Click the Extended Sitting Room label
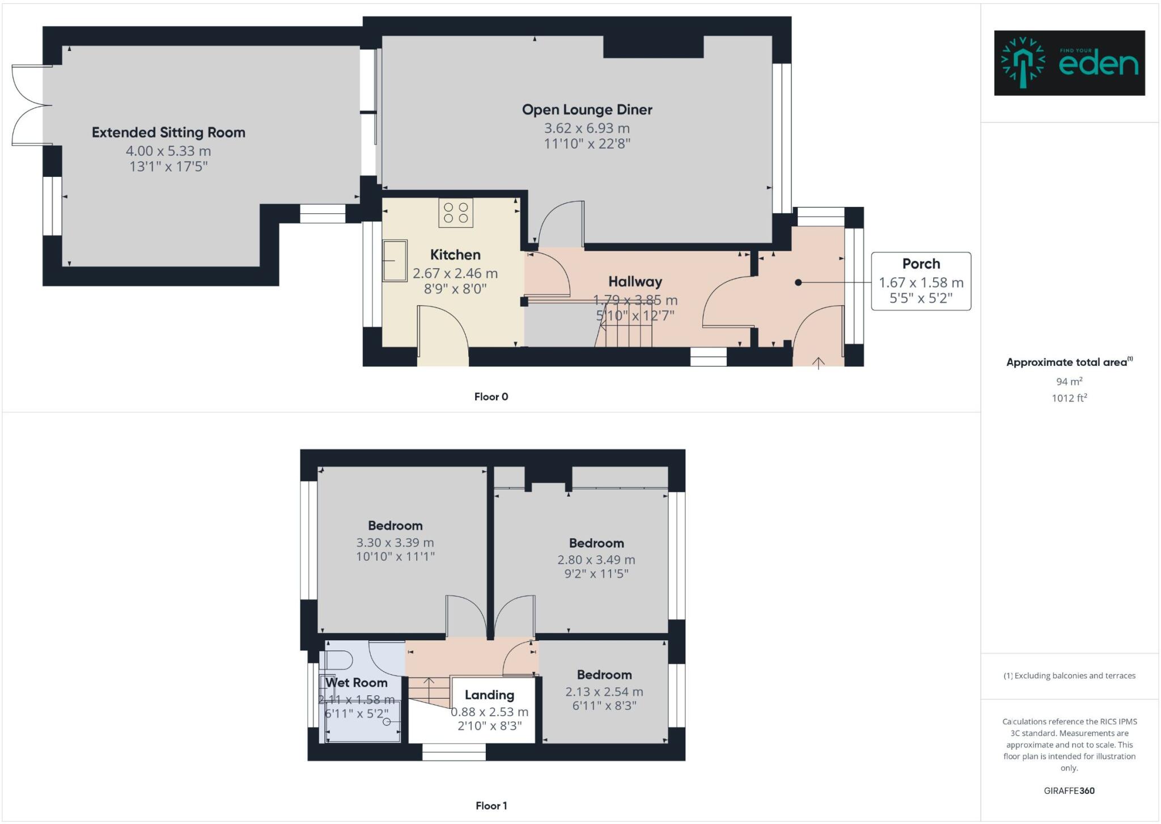(168, 133)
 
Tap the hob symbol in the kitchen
(456, 213)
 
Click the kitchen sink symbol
(395, 260)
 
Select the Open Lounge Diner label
(587, 110)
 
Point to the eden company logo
(1069, 63)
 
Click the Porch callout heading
(921, 264)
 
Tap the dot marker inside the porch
(798, 282)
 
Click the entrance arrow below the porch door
(818, 363)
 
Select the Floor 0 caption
(491, 397)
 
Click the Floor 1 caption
(491, 806)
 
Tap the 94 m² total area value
(1069, 382)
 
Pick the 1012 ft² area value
(1069, 398)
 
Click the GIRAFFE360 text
(1069, 791)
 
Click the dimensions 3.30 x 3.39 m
(395, 543)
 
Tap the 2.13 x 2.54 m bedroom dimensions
(604, 692)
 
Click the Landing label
(489, 695)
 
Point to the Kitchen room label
(455, 255)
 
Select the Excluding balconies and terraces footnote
(1069, 676)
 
